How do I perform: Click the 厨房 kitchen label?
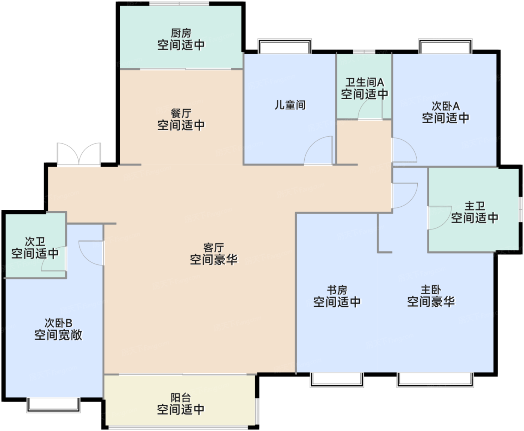tap(181, 33)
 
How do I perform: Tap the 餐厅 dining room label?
tap(181, 113)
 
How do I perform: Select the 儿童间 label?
tap(290, 105)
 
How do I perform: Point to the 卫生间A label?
tap(365, 82)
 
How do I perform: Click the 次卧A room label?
tap(445, 106)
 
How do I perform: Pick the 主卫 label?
tap(475, 206)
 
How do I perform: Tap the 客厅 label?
tap(214, 248)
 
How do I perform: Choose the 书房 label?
tap(336, 290)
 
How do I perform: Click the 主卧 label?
tap(431, 290)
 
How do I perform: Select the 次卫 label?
tap(35, 242)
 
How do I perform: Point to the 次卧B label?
tap(58, 323)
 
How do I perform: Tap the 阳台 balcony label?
tap(181, 398)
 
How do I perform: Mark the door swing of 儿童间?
tap(318, 150)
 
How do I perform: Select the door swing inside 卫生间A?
tap(370, 109)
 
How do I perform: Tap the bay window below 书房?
tap(336, 380)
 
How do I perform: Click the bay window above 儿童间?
tap(285, 46)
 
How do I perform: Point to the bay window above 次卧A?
tap(445, 46)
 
